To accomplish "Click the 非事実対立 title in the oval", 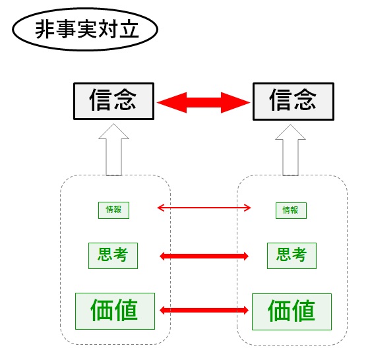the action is click(87, 29).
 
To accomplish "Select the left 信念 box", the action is click(114, 101).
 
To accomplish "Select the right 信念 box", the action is click(293, 102).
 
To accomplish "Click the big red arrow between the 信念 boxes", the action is click(204, 103).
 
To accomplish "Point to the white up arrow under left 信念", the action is click(114, 150).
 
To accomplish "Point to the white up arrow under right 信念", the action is click(291, 150).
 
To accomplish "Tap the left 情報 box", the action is click(113, 210).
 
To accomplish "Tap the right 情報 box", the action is click(291, 210).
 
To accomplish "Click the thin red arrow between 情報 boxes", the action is click(204, 208).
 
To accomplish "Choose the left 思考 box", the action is click(113, 256).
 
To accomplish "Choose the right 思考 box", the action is click(291, 256).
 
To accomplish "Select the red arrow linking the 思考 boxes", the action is click(204, 256).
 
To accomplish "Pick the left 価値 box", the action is click(115, 311).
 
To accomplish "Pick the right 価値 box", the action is click(291, 312).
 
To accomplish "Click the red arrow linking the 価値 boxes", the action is click(204, 311).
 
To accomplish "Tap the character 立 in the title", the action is click(129, 29).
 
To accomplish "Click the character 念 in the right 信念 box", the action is click(305, 100).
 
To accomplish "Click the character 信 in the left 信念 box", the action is click(100, 100).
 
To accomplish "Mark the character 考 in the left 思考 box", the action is click(120, 255).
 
